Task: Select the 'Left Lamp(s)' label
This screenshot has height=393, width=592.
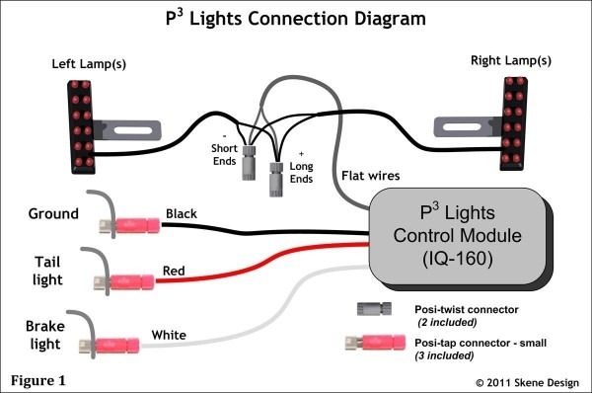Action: click(x=88, y=65)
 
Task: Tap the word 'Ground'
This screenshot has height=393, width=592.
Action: click(x=54, y=213)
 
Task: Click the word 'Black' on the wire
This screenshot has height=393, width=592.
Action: click(x=182, y=213)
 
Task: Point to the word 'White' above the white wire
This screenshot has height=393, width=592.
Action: click(x=169, y=337)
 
